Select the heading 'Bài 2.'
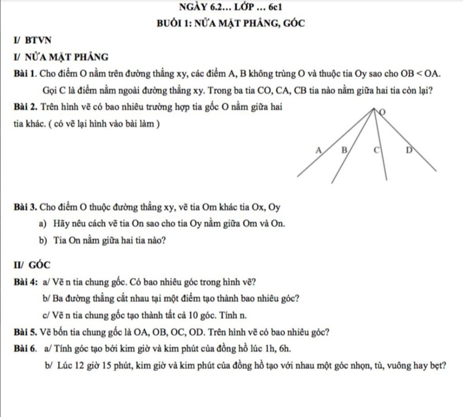pos(25,107)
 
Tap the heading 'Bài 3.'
pos(25,208)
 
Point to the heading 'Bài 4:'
pos(25,283)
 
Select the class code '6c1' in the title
pos(275,7)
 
